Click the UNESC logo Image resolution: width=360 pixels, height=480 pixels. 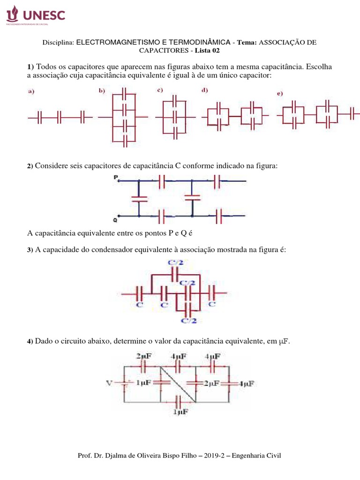coord(35,15)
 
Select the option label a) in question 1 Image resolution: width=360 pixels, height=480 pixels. coord(31,92)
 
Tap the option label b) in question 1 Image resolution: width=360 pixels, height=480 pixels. coord(102,91)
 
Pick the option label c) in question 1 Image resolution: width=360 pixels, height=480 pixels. coord(160,90)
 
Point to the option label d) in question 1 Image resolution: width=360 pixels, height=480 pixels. coord(205,90)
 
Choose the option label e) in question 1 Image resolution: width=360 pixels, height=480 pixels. coord(280,94)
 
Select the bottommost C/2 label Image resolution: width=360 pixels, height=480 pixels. coord(188,321)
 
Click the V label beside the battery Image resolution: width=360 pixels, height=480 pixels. coord(110,383)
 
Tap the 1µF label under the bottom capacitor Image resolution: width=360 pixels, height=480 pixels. coord(180,412)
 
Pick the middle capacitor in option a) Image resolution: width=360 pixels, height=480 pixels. coord(60,117)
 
